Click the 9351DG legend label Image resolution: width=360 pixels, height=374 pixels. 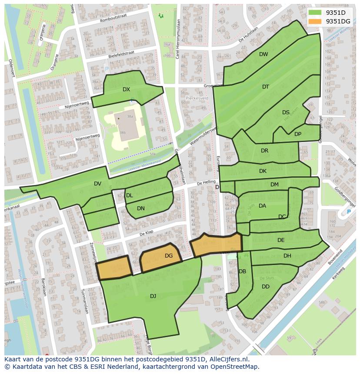(x=338, y=21)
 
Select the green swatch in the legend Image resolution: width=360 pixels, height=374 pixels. (x=315, y=13)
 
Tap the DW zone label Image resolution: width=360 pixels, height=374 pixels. (x=263, y=54)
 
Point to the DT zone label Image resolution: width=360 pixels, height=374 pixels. (x=266, y=87)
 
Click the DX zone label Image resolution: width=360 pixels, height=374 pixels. (x=126, y=89)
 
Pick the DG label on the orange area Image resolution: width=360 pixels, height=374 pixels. (x=169, y=256)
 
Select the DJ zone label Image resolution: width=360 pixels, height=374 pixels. (x=153, y=296)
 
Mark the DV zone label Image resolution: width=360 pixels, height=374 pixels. (x=97, y=184)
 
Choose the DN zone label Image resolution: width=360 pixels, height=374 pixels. (x=141, y=209)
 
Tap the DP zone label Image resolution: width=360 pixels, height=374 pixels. (x=298, y=134)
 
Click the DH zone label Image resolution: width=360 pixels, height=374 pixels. (x=287, y=256)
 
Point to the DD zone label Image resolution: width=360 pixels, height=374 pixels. (x=266, y=287)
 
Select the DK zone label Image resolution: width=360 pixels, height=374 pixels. (x=263, y=171)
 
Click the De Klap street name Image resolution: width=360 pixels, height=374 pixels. (x=147, y=234)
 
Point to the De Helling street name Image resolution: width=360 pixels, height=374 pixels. (x=206, y=182)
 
